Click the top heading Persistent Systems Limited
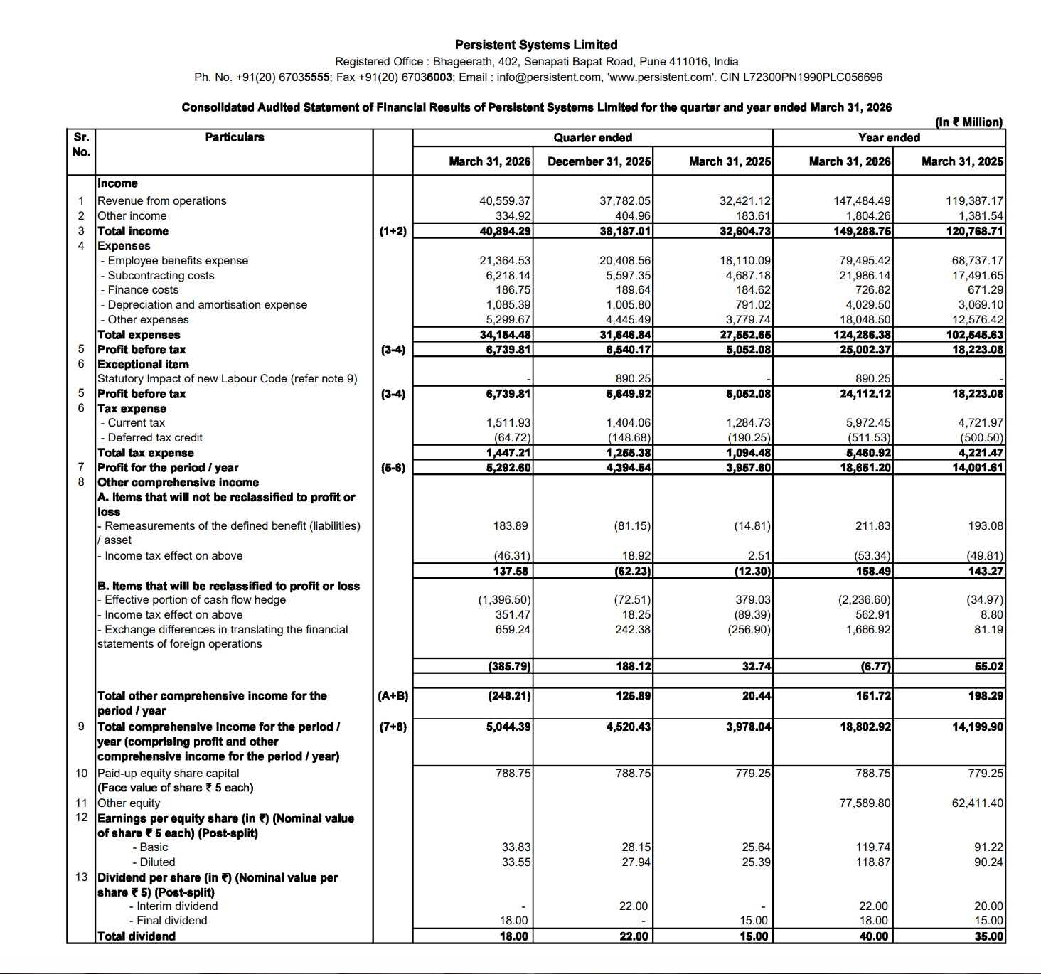point(536,45)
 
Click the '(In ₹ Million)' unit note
point(968,122)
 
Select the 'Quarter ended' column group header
point(592,138)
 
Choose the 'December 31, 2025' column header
point(599,161)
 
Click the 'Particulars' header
point(235,137)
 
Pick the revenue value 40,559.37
point(505,201)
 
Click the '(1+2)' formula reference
point(393,231)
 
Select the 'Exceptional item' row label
point(143,364)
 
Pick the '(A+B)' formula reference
point(393,696)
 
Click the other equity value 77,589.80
point(865,803)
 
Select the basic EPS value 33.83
point(516,847)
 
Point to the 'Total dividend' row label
point(137,936)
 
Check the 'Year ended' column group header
point(889,138)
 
